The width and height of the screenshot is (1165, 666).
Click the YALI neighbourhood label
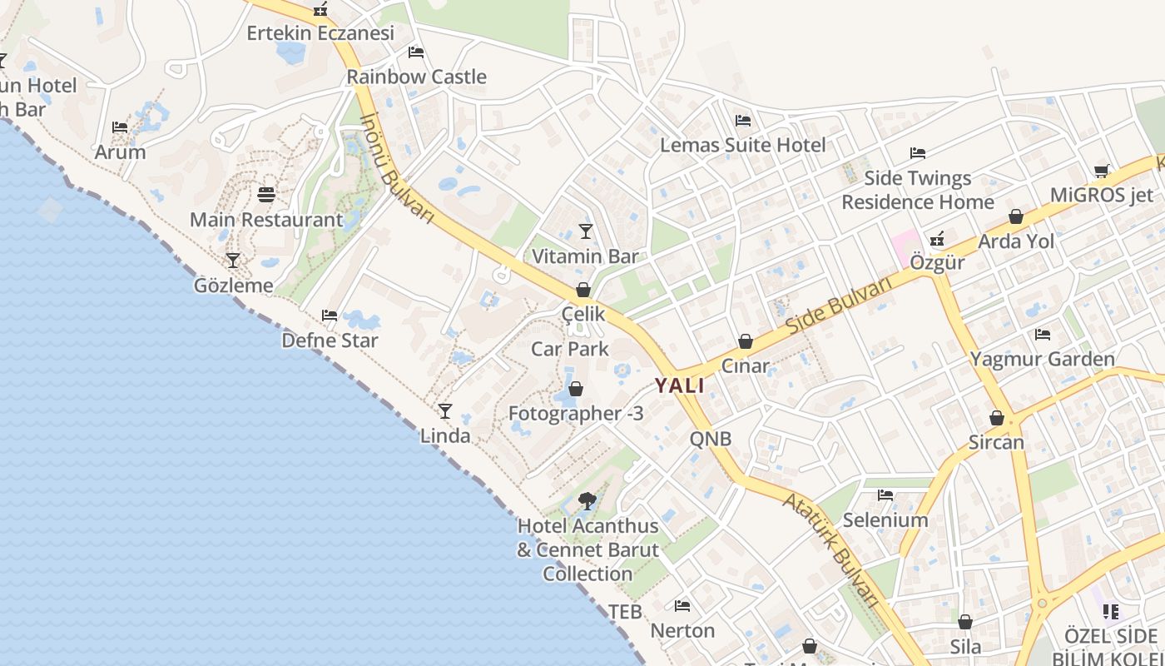pos(679,385)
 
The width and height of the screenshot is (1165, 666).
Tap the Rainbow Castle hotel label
pos(416,77)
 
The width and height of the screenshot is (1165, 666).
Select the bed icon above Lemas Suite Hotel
pos(743,121)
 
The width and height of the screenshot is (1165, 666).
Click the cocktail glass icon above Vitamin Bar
pos(586,231)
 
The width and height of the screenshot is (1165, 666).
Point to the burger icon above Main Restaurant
pos(266,195)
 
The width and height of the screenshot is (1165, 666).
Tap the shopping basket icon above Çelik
pos(583,290)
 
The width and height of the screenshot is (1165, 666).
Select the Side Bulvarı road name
pos(838,304)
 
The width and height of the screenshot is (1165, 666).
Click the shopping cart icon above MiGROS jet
pos(1102,171)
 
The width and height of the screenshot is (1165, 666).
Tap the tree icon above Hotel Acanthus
pos(587,501)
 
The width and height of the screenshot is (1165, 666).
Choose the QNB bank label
pos(711,439)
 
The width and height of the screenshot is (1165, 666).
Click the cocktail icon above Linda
pos(445,410)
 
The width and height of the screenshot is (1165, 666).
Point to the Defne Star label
pos(330,340)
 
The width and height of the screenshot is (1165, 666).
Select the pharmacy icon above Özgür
pos(937,239)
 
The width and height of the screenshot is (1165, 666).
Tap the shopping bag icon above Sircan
pos(996,417)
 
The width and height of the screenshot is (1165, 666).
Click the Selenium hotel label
pos(885,520)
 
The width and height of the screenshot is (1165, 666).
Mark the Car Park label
pos(570,348)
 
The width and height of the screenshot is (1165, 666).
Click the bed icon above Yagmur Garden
pos(1042,335)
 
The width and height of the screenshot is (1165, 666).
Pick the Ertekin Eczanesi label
pos(320,33)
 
